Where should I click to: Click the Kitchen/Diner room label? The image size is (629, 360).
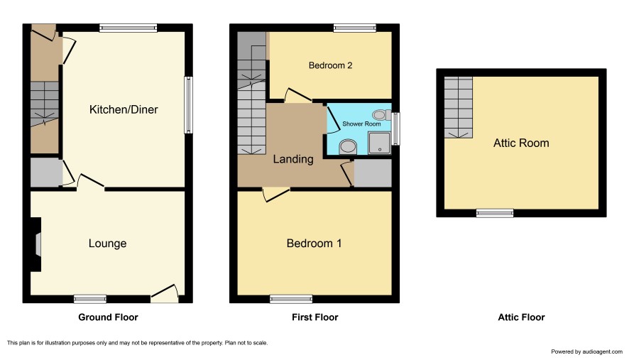pos(124,109)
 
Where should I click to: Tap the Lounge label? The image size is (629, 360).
pos(107,244)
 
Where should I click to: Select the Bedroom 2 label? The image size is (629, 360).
pos(331,65)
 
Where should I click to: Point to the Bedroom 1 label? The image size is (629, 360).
pos(314,244)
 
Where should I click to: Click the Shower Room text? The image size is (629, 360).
pos(361,124)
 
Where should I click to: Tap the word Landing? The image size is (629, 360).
pos(293,159)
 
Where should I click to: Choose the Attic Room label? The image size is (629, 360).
pos(521,143)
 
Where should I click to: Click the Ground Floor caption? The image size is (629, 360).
pos(108,317)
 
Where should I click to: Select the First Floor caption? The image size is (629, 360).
pos(315,317)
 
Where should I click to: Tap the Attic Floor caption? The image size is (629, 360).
pos(521,317)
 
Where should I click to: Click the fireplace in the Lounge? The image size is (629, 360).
pos(36,244)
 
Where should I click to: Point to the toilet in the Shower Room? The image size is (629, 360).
pos(381,115)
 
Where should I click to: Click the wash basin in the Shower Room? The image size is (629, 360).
pos(348,147)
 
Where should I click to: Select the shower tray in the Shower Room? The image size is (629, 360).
pos(379,143)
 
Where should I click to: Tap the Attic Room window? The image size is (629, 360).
pos(495,213)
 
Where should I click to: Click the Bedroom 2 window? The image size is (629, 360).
pos(355,28)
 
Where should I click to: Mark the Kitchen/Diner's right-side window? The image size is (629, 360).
pos(188,105)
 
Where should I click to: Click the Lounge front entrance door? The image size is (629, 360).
pos(165,294)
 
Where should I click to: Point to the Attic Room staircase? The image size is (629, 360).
pos(458,107)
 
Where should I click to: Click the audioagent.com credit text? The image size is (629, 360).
pos(586,351)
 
